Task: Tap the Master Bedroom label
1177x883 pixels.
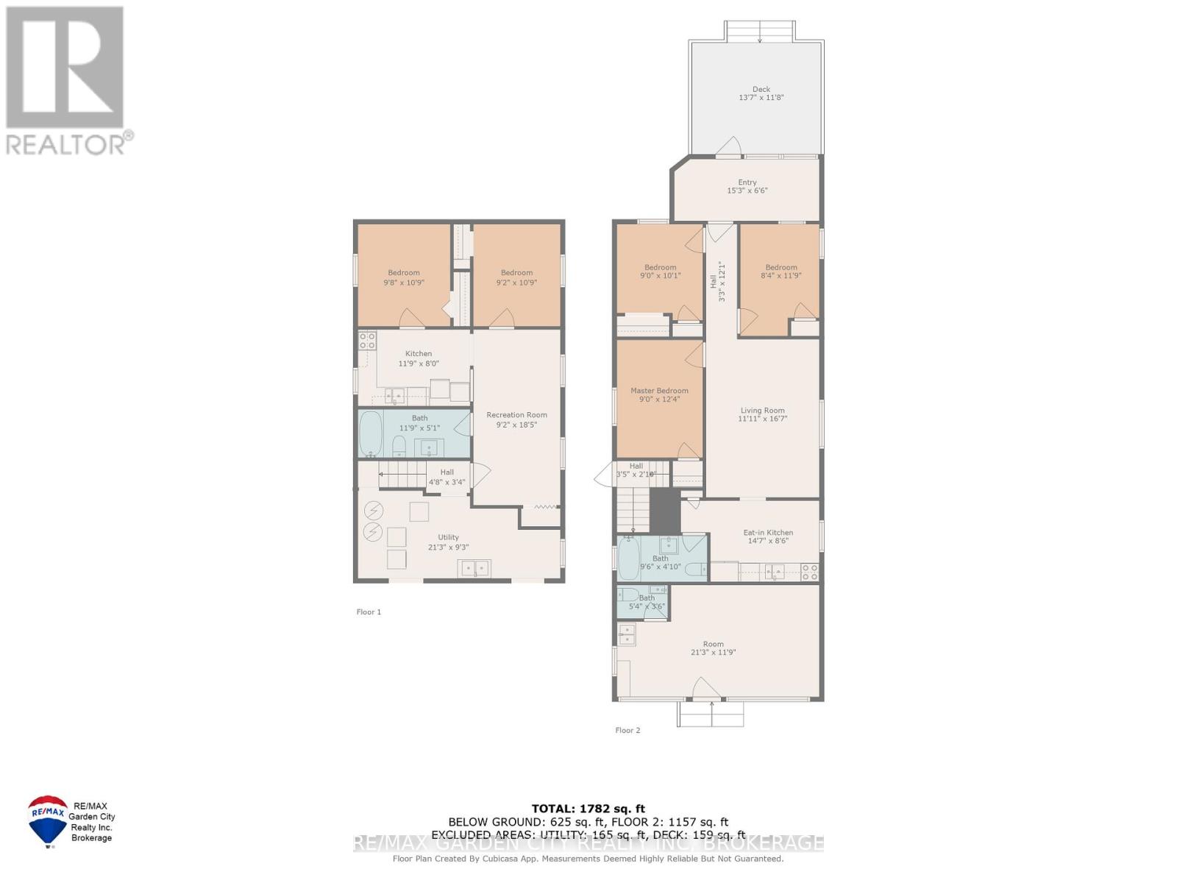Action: pyautogui.click(x=659, y=391)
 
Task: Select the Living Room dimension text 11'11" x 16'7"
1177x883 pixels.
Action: pyautogui.click(x=762, y=419)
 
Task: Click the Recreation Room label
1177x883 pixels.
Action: pyautogui.click(x=516, y=415)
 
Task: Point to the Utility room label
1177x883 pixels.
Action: pyautogui.click(x=448, y=538)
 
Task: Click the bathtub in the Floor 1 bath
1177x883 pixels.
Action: pyautogui.click(x=370, y=433)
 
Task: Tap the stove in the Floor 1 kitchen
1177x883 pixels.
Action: pyautogui.click(x=366, y=341)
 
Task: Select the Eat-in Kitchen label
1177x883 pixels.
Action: pyautogui.click(x=768, y=533)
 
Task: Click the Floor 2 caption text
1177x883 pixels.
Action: pyautogui.click(x=627, y=730)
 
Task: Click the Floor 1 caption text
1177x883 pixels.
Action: pyautogui.click(x=369, y=611)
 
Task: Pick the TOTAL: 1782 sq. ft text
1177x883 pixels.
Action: pyautogui.click(x=588, y=809)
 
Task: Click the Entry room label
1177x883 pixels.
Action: pyautogui.click(x=747, y=182)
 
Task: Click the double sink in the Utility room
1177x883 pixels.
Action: pyautogui.click(x=474, y=568)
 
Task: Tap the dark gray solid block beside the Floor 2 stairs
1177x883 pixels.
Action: pyautogui.click(x=665, y=511)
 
